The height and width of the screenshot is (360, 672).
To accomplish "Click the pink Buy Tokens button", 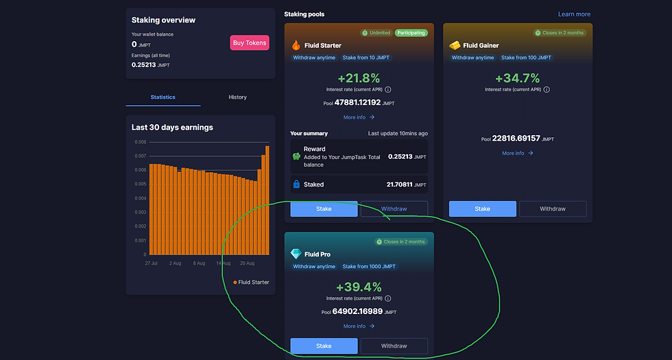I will click(250, 43).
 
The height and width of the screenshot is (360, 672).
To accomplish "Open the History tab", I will click(237, 97).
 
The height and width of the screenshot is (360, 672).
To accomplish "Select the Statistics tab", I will click(163, 97).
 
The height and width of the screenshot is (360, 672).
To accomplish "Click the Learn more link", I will click(574, 14).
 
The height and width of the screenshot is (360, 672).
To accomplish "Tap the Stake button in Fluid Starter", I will click(324, 209).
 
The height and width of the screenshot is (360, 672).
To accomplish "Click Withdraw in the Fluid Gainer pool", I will click(553, 209).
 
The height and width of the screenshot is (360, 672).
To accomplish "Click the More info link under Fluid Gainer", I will click(517, 154).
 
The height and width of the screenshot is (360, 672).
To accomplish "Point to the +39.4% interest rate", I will click(359, 287).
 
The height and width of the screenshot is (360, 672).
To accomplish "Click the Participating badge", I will click(411, 33).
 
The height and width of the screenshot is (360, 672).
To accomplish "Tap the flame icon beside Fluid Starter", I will click(296, 45).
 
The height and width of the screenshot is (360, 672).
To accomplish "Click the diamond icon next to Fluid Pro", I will click(296, 254).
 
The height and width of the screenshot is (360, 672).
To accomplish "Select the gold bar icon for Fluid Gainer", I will click(455, 45).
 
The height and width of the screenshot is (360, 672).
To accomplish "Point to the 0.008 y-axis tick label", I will click(140, 142).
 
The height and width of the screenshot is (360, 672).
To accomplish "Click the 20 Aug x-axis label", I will click(246, 263).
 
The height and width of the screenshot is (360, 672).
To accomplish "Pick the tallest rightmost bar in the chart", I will click(267, 200).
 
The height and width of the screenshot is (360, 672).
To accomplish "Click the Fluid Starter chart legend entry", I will click(251, 283).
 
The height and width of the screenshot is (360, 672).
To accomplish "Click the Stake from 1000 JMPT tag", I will click(368, 267).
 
